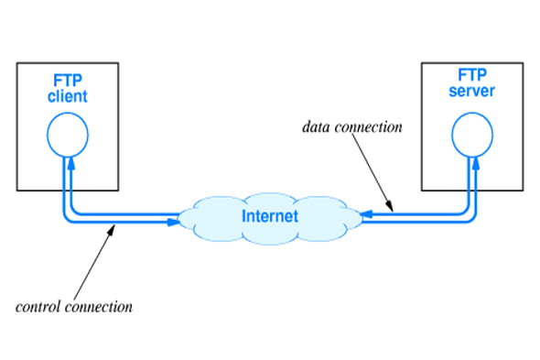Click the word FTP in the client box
pyautogui.click(x=68, y=81)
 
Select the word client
pyautogui.click(x=68, y=96)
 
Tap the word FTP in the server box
pyautogui.click(x=472, y=75)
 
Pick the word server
pyautogui.click(x=471, y=91)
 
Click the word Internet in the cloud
pyautogui.click(x=270, y=216)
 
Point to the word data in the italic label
pyautogui.click(x=317, y=127)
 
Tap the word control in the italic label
pyautogui.click(x=40, y=307)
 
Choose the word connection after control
pyautogui.click(x=99, y=307)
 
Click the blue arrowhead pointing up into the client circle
pyautogui.click(x=71, y=163)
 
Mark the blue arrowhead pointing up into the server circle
pyautogui.click(x=476, y=163)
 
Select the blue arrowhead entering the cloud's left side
pyautogui.click(x=173, y=223)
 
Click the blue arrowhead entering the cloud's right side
pyautogui.click(x=366, y=214)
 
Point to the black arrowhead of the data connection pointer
pyautogui.click(x=390, y=206)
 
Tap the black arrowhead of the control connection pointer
pyautogui.click(x=111, y=230)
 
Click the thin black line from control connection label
pyautogui.click(x=92, y=263)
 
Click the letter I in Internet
pyautogui.click(x=243, y=216)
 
